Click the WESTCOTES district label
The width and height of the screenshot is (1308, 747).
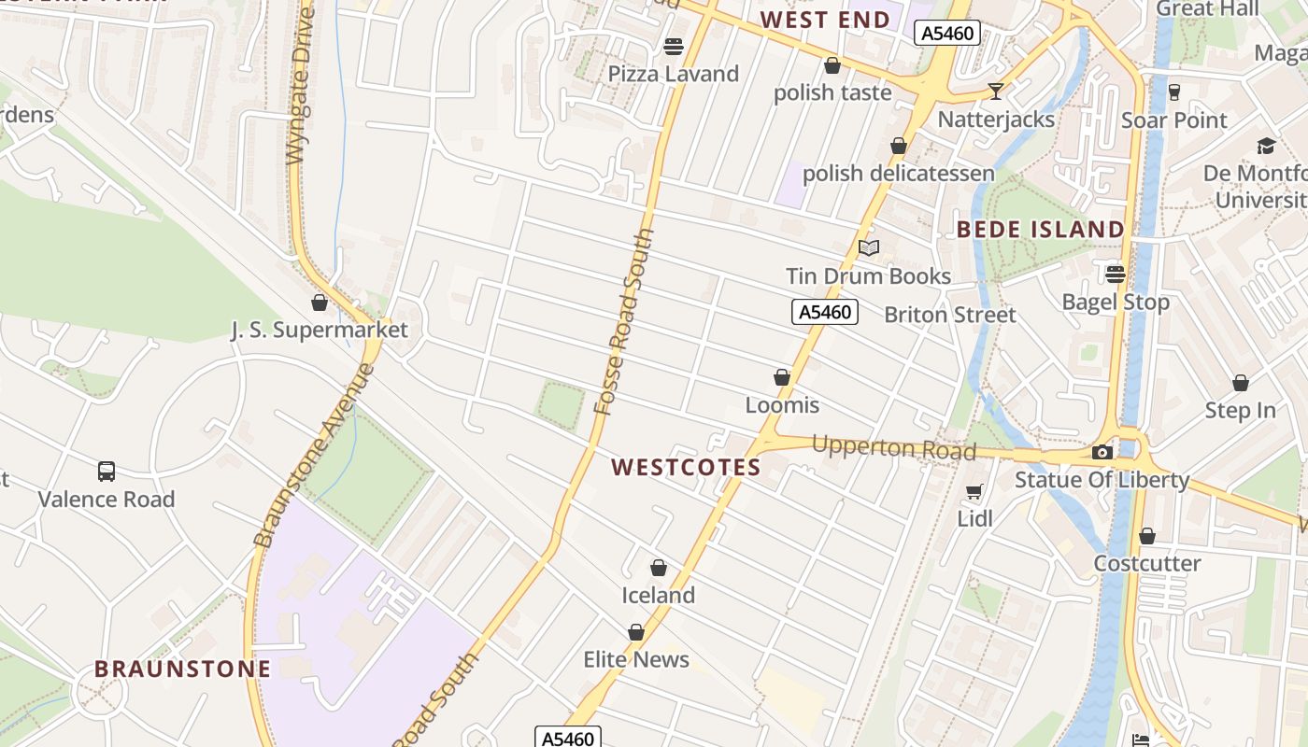(686, 468)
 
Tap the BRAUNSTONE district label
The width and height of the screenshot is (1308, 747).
(182, 669)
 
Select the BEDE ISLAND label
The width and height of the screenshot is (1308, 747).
(1040, 229)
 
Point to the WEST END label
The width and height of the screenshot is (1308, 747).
(824, 20)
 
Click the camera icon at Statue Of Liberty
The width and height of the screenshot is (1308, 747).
(1102, 453)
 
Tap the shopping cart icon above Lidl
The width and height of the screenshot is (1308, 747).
(974, 491)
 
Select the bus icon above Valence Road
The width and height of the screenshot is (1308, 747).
(107, 472)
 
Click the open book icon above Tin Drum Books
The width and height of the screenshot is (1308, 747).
(869, 247)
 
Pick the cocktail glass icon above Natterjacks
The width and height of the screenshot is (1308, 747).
(996, 91)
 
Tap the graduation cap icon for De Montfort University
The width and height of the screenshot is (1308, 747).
(1266, 146)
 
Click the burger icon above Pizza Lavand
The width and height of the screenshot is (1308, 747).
(673, 46)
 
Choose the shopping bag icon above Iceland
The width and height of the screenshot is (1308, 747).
(659, 568)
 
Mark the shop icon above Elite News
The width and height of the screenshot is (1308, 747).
(636, 632)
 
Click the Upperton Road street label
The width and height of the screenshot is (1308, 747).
(893, 448)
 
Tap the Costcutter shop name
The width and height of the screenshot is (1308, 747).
(1147, 563)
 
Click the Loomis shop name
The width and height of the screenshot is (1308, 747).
(782, 404)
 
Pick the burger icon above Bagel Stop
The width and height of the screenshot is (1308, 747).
(1116, 275)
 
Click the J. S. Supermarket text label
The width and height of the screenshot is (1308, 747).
(320, 330)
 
